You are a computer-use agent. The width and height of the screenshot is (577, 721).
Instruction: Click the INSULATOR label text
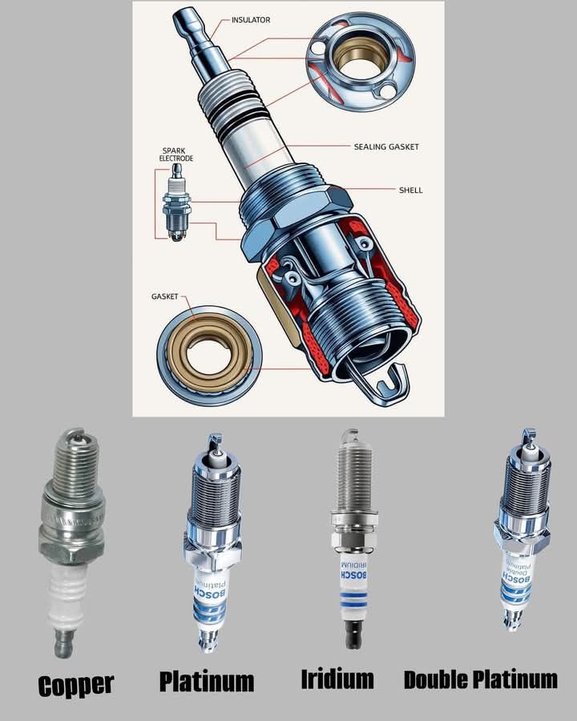tap(251, 20)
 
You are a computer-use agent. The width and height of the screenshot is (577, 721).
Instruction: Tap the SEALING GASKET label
tap(386, 147)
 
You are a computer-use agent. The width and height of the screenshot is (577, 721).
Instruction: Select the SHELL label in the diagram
tap(410, 190)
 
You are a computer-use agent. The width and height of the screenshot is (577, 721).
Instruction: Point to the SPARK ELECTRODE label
tap(176, 155)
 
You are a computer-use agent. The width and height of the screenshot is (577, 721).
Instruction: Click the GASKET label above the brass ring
tap(164, 296)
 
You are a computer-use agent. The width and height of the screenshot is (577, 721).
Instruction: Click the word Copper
tap(75, 686)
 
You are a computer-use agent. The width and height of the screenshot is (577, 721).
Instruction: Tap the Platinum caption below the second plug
tap(207, 681)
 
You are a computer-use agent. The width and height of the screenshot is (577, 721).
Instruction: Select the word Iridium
tap(337, 679)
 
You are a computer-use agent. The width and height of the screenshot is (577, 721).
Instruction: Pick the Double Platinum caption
tap(480, 679)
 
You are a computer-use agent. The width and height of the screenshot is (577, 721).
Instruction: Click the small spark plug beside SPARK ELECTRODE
tap(176, 203)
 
